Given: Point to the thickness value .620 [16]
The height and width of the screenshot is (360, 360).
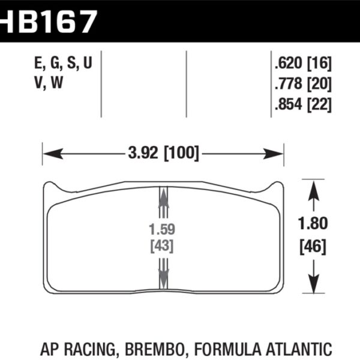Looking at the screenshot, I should [x=302, y=64].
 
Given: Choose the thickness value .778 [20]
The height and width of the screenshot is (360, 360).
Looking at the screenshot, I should [x=302, y=84].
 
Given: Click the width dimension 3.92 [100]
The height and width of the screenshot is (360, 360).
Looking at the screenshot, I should [x=163, y=153].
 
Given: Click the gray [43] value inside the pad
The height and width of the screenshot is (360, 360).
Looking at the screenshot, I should [x=161, y=246].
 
